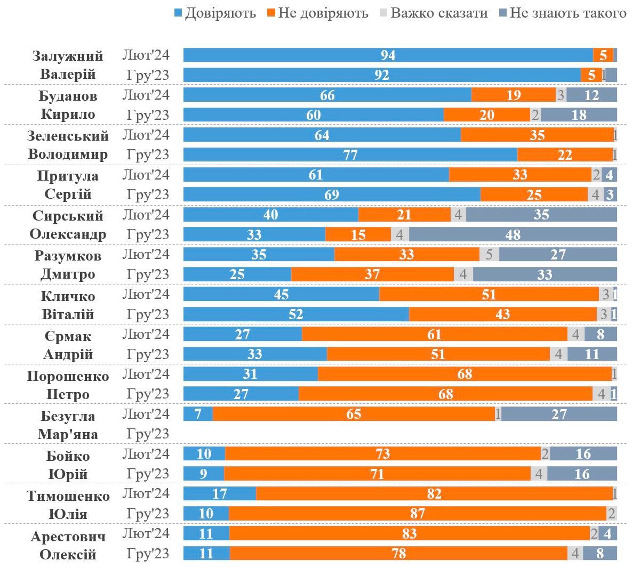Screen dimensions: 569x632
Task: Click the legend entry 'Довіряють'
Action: tap(215, 13)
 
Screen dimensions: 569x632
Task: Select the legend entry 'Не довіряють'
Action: tap(317, 13)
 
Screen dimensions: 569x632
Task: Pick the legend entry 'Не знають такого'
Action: tap(562, 13)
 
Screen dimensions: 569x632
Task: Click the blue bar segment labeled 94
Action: tap(388, 55)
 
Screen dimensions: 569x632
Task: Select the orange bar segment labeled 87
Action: tap(417, 514)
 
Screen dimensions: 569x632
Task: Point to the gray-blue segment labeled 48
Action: tap(513, 234)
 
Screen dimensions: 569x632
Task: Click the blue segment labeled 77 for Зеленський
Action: tap(350, 155)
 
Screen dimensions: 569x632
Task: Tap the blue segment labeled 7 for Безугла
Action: tap(198, 414)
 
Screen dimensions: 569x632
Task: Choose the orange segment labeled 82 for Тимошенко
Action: tap(434, 494)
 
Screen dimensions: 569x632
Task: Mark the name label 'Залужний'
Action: tap(68, 56)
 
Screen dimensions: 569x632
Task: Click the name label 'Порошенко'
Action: tap(68, 376)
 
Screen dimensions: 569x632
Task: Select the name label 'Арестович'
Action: tap(68, 536)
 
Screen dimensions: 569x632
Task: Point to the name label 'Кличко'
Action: tap(68, 296)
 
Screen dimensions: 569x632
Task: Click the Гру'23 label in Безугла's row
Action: tap(148, 434)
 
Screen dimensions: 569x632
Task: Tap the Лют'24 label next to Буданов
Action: tap(146, 95)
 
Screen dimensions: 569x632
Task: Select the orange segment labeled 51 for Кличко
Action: tap(489, 294)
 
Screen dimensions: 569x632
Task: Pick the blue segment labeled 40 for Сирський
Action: tap(270, 215)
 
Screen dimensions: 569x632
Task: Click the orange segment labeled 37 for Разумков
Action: tap(372, 274)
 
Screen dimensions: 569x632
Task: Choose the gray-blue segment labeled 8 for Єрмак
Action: tap(601, 334)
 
